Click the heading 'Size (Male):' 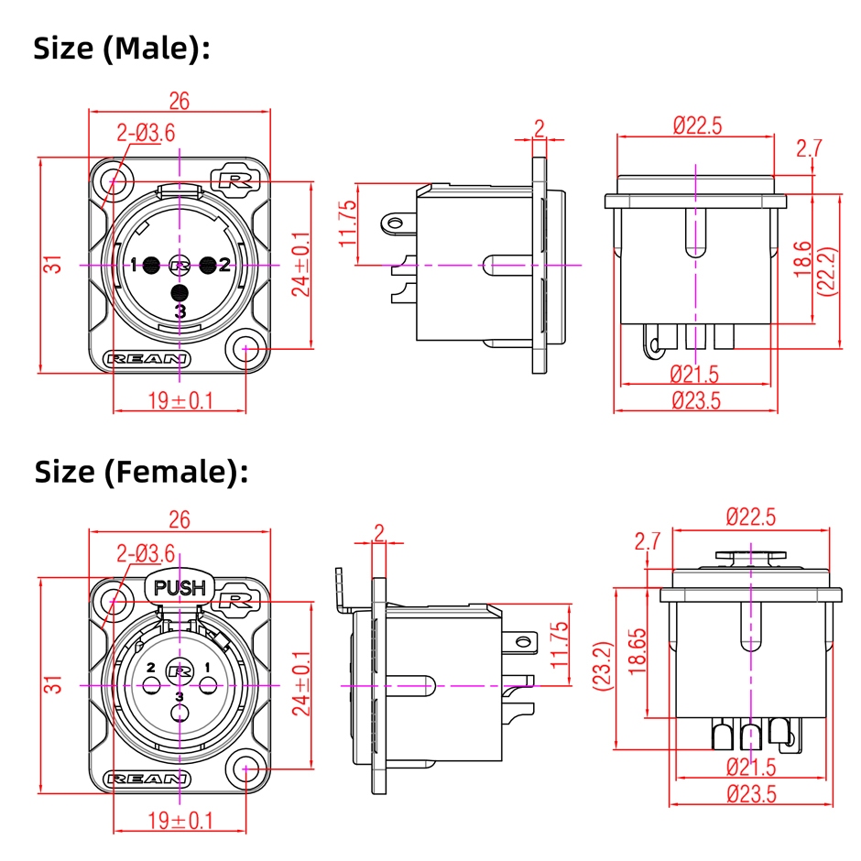[x=122, y=49]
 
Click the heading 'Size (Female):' [x=141, y=472]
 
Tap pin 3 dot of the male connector [x=180, y=293]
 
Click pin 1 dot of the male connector [x=151, y=266]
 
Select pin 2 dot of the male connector [x=208, y=266]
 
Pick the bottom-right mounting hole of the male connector [x=247, y=349]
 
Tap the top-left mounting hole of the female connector [x=114, y=601]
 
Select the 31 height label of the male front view [x=56, y=266]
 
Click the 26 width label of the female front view [x=179, y=520]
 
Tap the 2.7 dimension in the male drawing [x=810, y=147]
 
